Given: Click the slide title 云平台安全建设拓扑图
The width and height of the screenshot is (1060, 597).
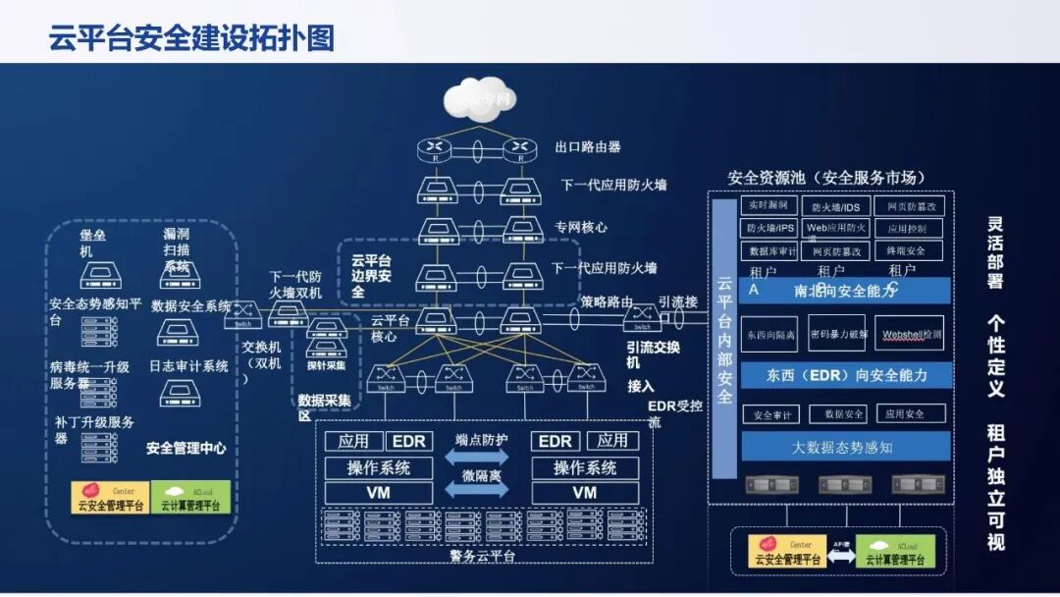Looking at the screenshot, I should [191, 37].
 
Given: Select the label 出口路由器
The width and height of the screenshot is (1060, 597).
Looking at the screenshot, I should [587, 147].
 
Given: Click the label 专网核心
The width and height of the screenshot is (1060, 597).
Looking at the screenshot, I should [580, 227].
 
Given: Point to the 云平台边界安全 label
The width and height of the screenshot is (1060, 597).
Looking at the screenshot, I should [371, 276].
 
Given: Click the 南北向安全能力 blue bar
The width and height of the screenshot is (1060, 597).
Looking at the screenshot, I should [844, 291].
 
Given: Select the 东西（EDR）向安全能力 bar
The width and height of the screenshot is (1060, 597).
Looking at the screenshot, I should [845, 374].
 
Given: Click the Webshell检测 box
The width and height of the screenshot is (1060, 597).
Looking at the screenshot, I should [911, 334].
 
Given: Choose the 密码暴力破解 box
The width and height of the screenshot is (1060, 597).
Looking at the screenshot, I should [837, 334].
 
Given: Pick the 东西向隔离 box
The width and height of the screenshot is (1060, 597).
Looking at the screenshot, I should [769, 334].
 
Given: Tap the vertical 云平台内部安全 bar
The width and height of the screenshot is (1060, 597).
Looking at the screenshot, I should [724, 339].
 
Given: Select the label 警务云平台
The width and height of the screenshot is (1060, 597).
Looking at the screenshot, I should [483, 557].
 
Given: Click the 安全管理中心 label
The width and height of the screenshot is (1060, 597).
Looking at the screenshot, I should [186, 448].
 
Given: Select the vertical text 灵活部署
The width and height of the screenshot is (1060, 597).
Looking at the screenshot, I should [995, 253].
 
